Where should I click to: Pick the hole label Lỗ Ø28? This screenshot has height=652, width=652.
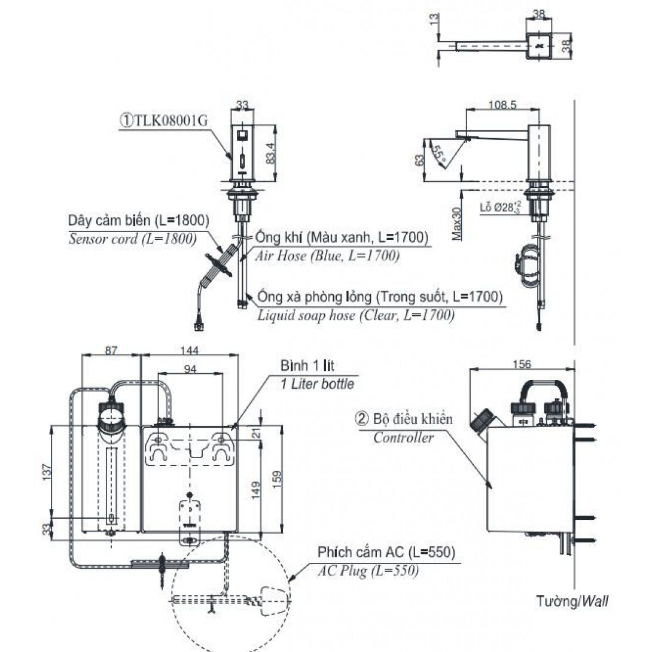click(497, 208)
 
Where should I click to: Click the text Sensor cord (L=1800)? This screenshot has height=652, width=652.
click(132, 239)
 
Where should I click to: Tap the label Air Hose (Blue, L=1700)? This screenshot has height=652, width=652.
click(327, 255)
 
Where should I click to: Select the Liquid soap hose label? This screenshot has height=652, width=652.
click(355, 315)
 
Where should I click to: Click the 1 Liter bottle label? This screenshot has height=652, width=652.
click(317, 384)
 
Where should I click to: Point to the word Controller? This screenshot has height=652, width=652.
click(403, 438)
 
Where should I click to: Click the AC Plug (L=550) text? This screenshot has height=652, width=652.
click(368, 571)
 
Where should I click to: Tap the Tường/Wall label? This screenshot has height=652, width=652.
click(572, 601)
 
